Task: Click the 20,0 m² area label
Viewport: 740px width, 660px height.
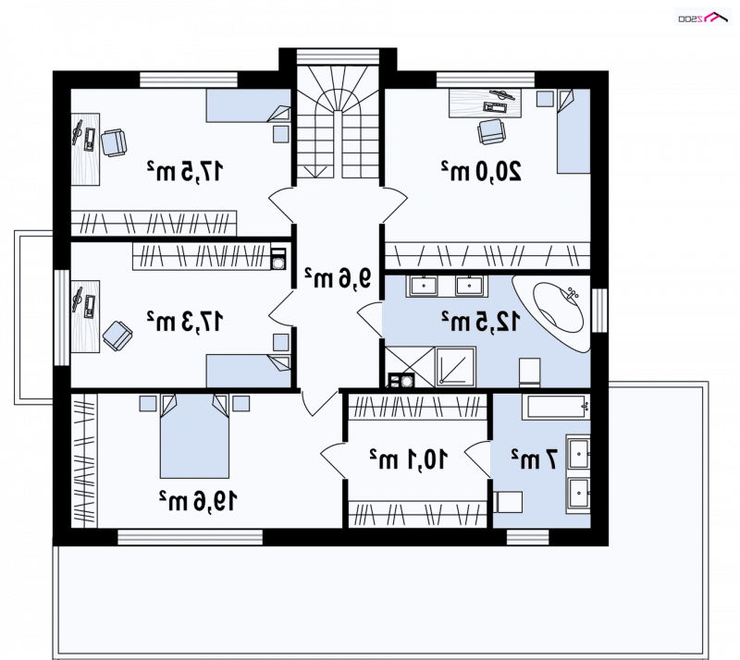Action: click(481, 171)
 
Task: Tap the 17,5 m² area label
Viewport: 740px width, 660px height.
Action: click(184, 171)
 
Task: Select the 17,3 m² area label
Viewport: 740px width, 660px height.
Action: click(184, 322)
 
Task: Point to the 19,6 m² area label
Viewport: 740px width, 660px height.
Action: click(198, 501)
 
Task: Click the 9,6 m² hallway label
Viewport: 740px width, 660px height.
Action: click(338, 278)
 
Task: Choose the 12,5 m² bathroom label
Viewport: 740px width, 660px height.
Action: click(481, 322)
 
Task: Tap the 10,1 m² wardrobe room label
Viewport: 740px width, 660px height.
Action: click(408, 459)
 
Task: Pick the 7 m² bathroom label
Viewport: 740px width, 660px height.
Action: click(535, 459)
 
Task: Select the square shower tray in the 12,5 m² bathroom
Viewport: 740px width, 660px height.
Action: click(456, 367)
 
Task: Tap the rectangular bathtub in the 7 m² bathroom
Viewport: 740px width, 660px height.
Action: click(556, 407)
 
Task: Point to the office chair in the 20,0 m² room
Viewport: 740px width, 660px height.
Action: click(491, 131)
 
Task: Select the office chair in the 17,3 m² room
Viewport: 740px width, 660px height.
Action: click(117, 336)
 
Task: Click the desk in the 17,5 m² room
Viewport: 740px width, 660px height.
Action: click(85, 149)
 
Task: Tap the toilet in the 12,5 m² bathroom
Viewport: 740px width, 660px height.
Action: click(529, 373)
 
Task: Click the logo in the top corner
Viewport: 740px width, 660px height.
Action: click(703, 18)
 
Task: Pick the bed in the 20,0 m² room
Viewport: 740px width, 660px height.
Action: click(573, 131)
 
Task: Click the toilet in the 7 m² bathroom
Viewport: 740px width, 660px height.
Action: click(508, 502)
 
